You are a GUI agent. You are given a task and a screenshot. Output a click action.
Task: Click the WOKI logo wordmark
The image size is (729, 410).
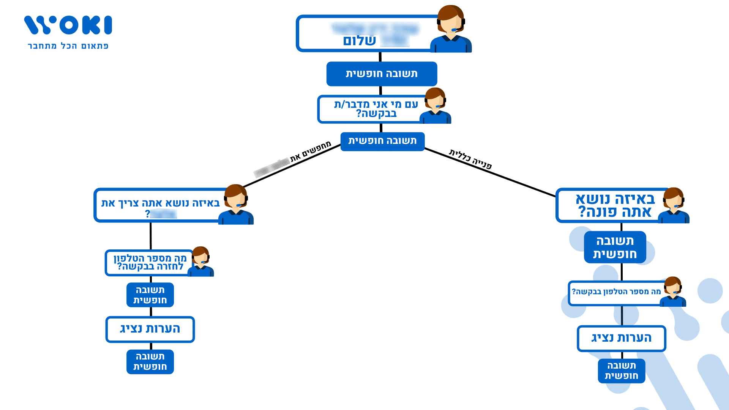[68, 25]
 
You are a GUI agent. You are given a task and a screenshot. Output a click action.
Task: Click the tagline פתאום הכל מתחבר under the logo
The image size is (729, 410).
[68, 46]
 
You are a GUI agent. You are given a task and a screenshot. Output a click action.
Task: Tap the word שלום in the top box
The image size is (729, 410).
[359, 41]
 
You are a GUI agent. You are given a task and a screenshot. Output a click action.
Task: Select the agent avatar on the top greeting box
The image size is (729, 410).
[451, 29]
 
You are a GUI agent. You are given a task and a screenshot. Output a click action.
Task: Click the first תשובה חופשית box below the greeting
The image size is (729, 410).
[382, 74]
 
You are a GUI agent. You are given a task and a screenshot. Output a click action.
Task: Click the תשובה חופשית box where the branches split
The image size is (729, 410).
[382, 141]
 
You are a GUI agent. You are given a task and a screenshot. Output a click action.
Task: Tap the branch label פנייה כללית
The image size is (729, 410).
[470, 159]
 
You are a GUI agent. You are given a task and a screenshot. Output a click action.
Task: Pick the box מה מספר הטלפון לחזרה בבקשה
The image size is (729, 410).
[150, 262]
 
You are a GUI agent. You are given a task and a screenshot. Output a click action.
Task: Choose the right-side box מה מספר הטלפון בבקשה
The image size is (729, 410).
[616, 292]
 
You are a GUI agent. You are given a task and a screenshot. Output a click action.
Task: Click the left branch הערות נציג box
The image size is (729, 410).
[150, 329]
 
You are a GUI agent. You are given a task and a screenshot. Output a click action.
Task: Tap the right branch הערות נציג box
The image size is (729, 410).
[621, 338]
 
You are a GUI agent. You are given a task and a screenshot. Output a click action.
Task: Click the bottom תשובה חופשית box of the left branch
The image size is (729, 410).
[150, 362]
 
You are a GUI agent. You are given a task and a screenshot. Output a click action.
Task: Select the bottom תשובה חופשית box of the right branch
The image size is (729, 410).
[621, 371]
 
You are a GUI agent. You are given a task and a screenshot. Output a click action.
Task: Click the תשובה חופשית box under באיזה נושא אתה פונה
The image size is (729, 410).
[615, 247]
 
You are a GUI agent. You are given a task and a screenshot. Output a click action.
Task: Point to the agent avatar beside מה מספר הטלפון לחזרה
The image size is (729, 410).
[201, 262]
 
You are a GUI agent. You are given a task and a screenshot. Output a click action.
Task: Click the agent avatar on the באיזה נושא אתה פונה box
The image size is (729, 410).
[674, 205]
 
